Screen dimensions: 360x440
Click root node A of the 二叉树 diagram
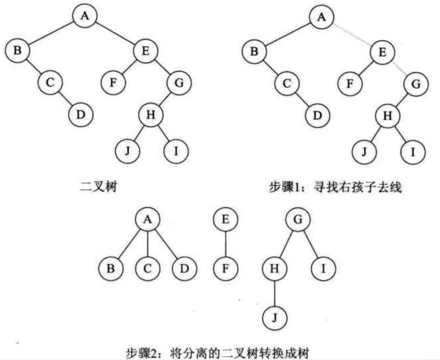pos(84,17)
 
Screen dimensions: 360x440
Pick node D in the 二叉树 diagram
pos(81,114)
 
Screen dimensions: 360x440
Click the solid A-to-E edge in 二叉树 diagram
pos(115,34)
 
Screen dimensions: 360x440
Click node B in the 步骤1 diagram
pos(254,51)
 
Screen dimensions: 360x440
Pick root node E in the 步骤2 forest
pos(225,220)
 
